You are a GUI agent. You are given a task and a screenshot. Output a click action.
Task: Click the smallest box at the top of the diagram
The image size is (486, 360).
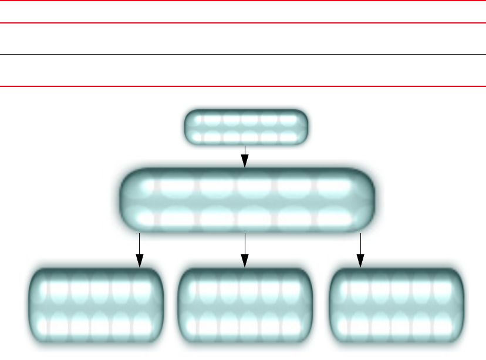pos(246,127)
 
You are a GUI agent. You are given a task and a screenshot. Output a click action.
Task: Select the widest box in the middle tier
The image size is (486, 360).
pos(246,200)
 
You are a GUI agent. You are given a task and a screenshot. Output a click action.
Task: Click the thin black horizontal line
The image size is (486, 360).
pos(243,55)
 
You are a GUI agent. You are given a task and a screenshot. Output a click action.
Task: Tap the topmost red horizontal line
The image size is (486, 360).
pos(243,1)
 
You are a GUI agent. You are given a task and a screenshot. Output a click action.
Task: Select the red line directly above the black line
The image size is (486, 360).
pos(243,23)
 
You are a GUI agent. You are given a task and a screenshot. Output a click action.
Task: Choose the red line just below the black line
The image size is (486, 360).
pos(243,88)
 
